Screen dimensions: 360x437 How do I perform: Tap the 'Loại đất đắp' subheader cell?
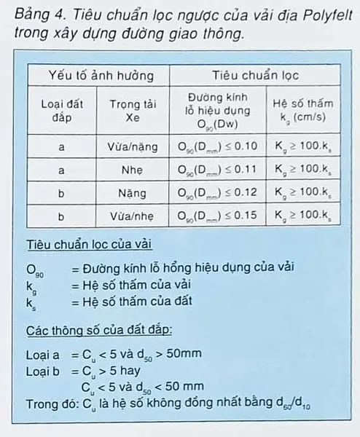pyautogui.click(x=61, y=110)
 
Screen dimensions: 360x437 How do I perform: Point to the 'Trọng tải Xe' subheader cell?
pyautogui.click(x=133, y=110)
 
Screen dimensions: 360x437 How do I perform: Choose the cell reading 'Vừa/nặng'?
pyautogui.click(x=133, y=146)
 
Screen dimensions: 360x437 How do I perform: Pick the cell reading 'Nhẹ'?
pyautogui.click(x=133, y=170)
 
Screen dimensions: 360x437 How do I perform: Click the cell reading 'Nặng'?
pyautogui.click(x=133, y=193)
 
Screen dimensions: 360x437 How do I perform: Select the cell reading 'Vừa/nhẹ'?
pyautogui.click(x=133, y=216)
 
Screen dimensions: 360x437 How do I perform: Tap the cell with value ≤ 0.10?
pyautogui.click(x=218, y=146)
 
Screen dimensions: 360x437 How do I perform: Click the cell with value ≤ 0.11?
pyautogui.click(x=218, y=170)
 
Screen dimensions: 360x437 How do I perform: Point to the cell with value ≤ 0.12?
pyautogui.click(x=218, y=193)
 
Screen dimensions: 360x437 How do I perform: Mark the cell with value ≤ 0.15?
pyautogui.click(x=218, y=216)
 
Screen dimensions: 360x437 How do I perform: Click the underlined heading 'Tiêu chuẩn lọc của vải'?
pyautogui.click(x=89, y=243)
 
